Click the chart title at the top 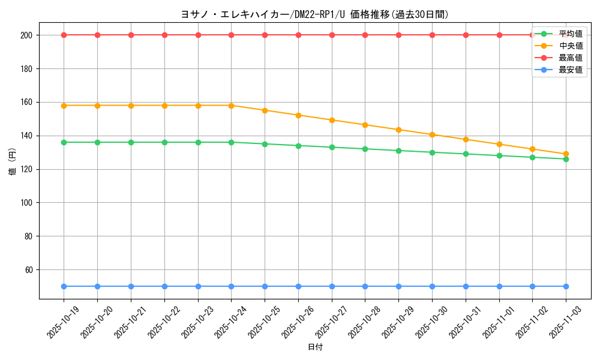click(314, 14)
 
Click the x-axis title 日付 click(314, 347)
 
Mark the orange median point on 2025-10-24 click(231, 106)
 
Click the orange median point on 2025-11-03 click(566, 154)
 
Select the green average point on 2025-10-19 click(64, 142)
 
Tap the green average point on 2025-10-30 click(432, 152)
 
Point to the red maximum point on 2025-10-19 click(64, 35)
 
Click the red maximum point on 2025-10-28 click(365, 35)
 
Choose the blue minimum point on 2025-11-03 click(566, 286)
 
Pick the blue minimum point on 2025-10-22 click(164, 286)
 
